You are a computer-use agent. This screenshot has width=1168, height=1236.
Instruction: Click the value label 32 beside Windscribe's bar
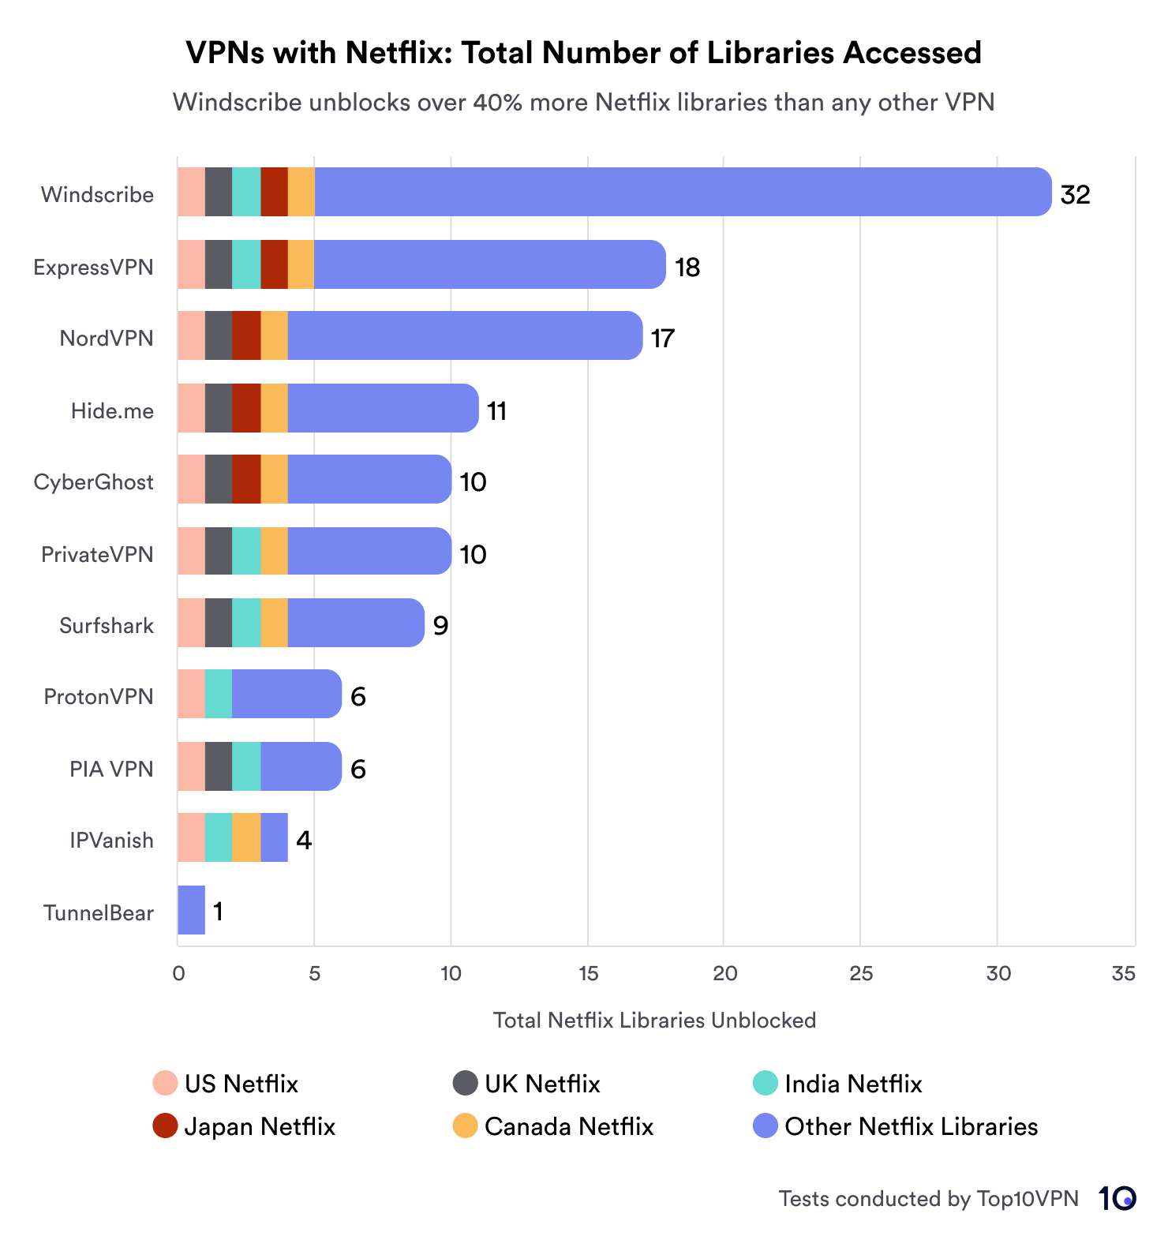click(x=1075, y=194)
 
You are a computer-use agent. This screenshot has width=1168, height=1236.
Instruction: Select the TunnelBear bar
click(x=191, y=910)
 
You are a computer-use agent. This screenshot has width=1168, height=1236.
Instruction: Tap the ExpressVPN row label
click(x=93, y=268)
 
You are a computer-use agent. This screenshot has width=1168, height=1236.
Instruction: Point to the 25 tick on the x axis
click(x=861, y=973)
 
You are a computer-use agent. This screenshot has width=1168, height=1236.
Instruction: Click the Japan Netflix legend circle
click(x=165, y=1126)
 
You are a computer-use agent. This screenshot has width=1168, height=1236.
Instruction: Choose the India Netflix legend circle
click(x=766, y=1083)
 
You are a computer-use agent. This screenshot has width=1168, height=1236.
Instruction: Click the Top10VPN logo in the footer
click(x=1117, y=1198)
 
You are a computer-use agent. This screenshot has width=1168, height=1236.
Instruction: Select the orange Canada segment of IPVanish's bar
click(x=246, y=837)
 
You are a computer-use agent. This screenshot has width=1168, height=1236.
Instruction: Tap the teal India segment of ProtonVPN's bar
click(x=219, y=694)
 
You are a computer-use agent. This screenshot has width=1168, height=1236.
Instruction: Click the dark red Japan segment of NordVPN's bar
click(x=246, y=335)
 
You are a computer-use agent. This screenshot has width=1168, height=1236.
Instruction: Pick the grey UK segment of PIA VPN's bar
click(x=219, y=766)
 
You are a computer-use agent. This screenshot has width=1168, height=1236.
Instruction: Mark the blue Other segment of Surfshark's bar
click(x=355, y=623)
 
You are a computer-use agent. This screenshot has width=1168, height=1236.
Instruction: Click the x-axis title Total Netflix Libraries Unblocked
click(x=654, y=1020)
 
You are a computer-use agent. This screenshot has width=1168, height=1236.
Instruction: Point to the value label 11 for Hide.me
click(x=496, y=411)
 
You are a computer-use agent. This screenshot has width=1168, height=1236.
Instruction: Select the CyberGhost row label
click(x=93, y=482)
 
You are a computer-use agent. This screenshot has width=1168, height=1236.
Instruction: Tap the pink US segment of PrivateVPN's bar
click(x=191, y=551)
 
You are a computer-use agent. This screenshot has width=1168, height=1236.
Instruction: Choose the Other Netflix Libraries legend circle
click(x=766, y=1126)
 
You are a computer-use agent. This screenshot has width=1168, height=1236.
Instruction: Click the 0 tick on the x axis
click(x=178, y=973)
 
